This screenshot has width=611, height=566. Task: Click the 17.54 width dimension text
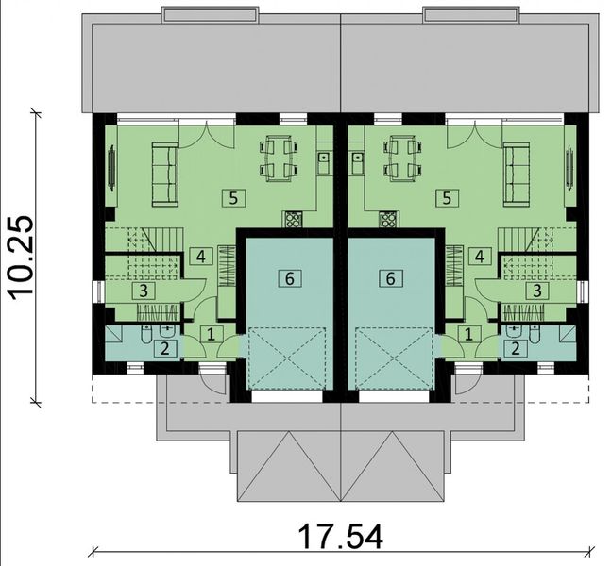tap(342, 539)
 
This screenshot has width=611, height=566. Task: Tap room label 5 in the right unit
tap(449, 197)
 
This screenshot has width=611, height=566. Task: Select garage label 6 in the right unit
tap(389, 277)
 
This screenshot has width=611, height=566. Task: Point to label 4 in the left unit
tap(200, 256)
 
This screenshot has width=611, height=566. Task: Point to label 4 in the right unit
tap(480, 256)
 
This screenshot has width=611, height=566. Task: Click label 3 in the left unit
tap(144, 291)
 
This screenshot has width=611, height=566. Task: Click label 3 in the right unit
tap(536, 291)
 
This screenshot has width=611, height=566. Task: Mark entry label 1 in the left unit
tap(211, 333)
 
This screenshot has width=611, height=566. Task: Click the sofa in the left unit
tap(165, 174)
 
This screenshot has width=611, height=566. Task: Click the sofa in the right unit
tap(516, 174)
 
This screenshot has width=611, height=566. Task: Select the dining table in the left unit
tap(279, 158)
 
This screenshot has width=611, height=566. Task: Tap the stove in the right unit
tap(387, 220)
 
